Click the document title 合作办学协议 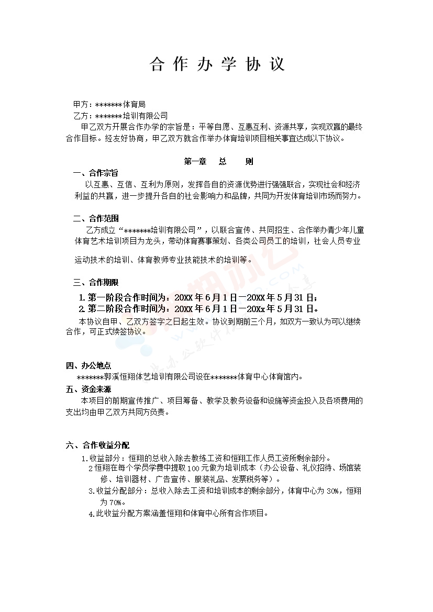point(217,64)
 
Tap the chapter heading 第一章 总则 point(218,162)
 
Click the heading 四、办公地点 point(88,365)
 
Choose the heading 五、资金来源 point(88,389)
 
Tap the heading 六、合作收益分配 point(97,446)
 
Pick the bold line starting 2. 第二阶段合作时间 point(198,308)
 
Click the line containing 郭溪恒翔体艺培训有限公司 point(190,376)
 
